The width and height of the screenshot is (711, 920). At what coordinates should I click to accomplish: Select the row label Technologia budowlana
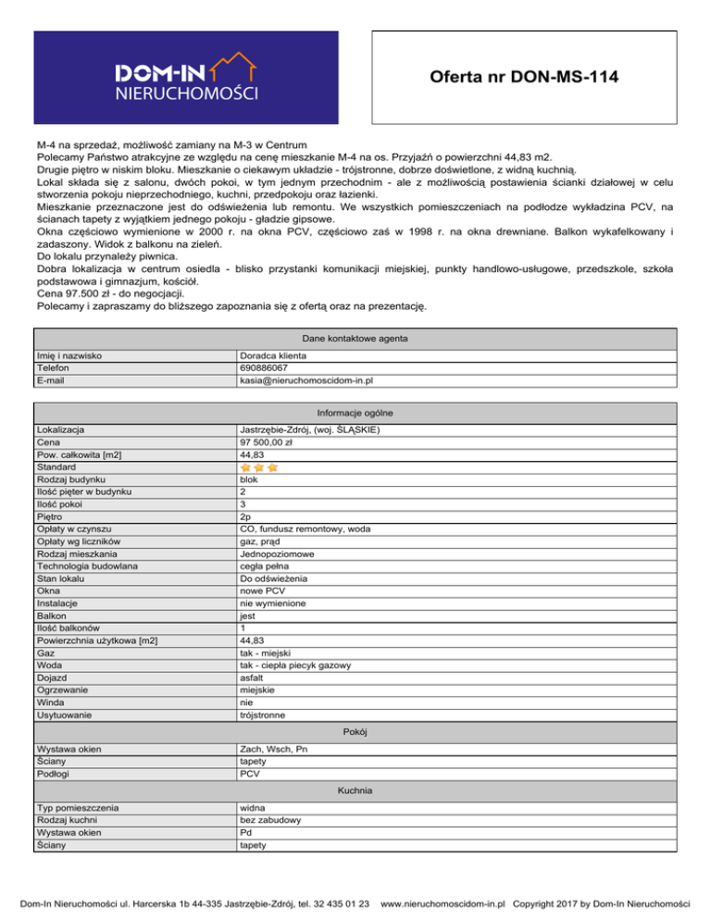point(87,565)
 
